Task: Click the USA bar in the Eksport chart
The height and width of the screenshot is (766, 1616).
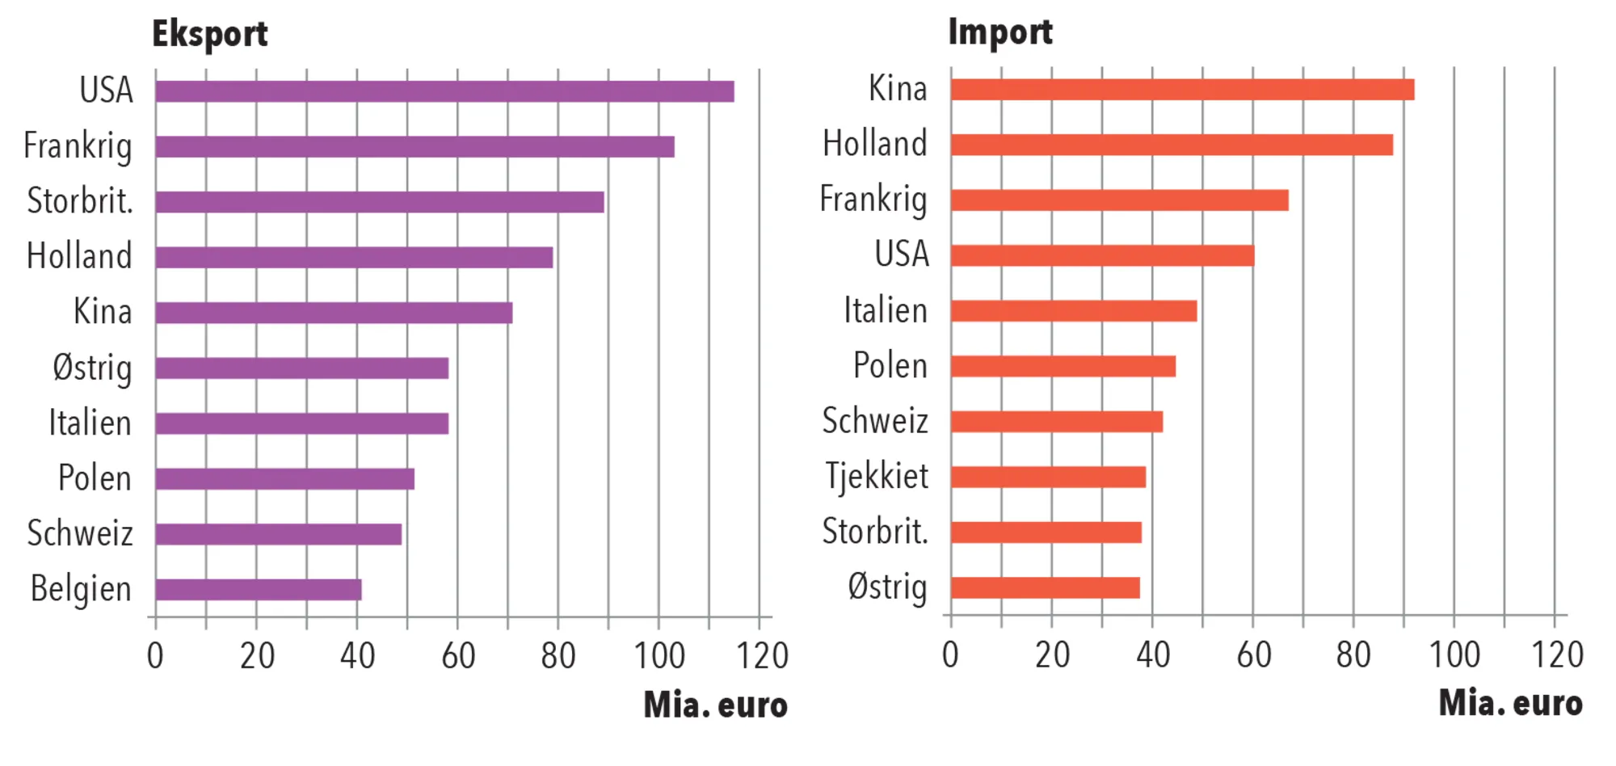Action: click(x=444, y=91)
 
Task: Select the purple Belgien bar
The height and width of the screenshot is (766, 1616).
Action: click(x=259, y=590)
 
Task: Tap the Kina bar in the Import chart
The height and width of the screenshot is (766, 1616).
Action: click(x=1182, y=90)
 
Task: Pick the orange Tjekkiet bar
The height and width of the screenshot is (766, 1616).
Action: click(x=1048, y=477)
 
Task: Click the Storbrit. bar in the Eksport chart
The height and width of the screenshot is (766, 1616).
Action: click(x=380, y=202)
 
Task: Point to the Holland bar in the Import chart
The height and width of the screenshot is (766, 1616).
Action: click(x=1172, y=145)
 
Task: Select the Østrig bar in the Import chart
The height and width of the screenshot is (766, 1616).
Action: click(x=1045, y=587)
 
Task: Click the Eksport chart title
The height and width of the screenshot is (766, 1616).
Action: click(x=210, y=34)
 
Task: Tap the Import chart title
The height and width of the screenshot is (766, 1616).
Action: click(x=1000, y=32)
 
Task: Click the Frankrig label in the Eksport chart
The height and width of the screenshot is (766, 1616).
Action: click(x=78, y=146)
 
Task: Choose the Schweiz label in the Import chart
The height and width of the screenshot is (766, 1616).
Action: click(x=875, y=421)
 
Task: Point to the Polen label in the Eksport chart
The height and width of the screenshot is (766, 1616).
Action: click(x=95, y=478)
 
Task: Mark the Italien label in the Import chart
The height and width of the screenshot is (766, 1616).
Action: click(x=886, y=310)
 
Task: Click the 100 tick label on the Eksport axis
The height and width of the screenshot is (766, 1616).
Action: click(x=659, y=655)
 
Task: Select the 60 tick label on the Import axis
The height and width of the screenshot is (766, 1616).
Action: click(x=1253, y=654)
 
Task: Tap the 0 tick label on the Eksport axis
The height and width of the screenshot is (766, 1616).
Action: click(x=155, y=655)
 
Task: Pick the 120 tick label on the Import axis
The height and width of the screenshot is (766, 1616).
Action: click(x=1557, y=654)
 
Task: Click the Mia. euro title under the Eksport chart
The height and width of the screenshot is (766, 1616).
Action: click(x=715, y=705)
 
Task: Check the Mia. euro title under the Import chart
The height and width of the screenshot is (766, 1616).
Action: click(x=1510, y=703)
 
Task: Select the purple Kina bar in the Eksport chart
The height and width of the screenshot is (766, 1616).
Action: click(x=334, y=313)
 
